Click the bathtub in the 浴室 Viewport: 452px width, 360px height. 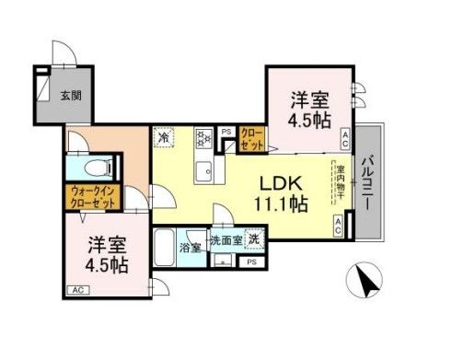[x=166, y=248]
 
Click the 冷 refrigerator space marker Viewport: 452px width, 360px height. [x=165, y=139]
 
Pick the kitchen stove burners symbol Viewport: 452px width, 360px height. [x=203, y=140]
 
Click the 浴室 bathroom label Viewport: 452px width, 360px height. [x=191, y=249]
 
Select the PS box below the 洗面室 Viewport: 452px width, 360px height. [x=250, y=262]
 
